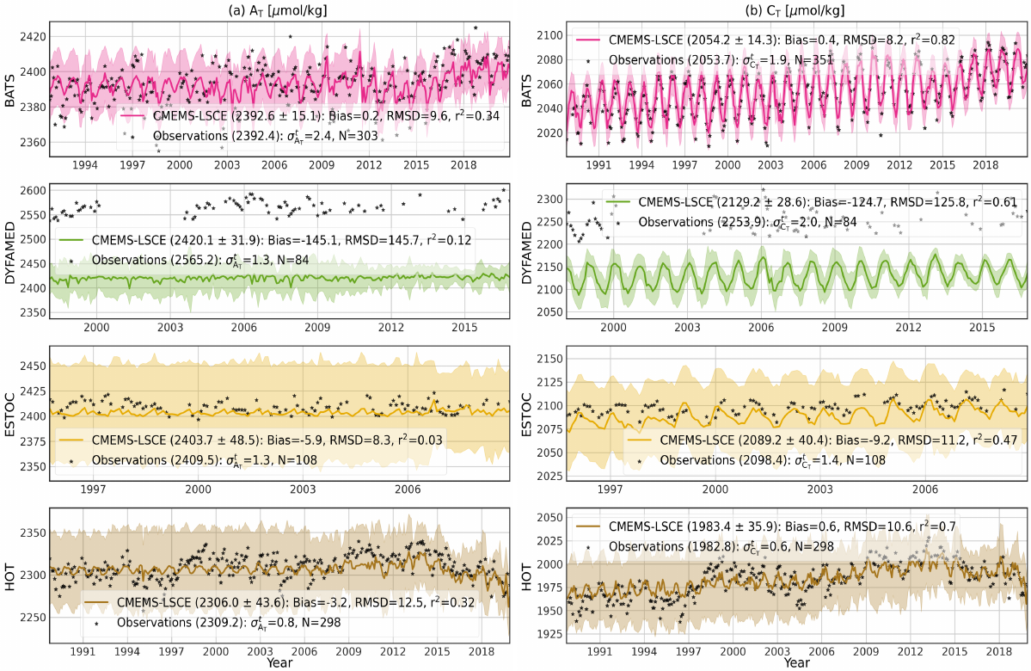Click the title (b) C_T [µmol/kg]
coord(797,11)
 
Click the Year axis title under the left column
coord(279,663)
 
